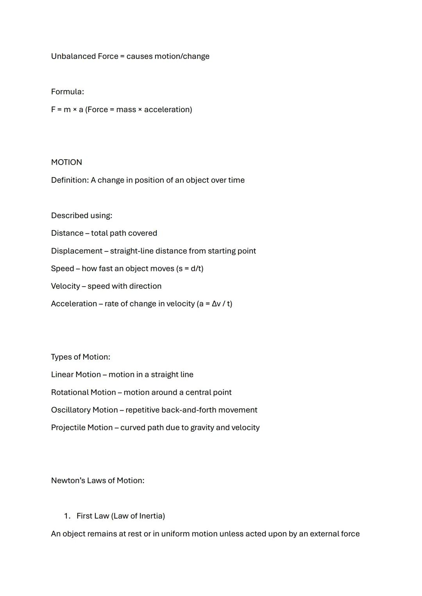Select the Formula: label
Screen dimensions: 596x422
pyautogui.click(x=67, y=92)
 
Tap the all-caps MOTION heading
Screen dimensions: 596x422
pyautogui.click(x=66, y=162)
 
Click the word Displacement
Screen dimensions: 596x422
pyautogui.click(x=77, y=251)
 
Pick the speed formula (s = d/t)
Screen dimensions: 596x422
pyautogui.click(x=190, y=269)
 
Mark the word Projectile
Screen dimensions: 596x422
pyautogui.click(x=68, y=428)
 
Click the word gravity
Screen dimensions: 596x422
pyautogui.click(x=202, y=428)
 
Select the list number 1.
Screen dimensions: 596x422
pyautogui.click(x=67, y=516)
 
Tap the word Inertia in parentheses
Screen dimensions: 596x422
pyautogui.click(x=150, y=516)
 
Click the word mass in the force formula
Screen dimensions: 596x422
pyautogui.click(x=126, y=110)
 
